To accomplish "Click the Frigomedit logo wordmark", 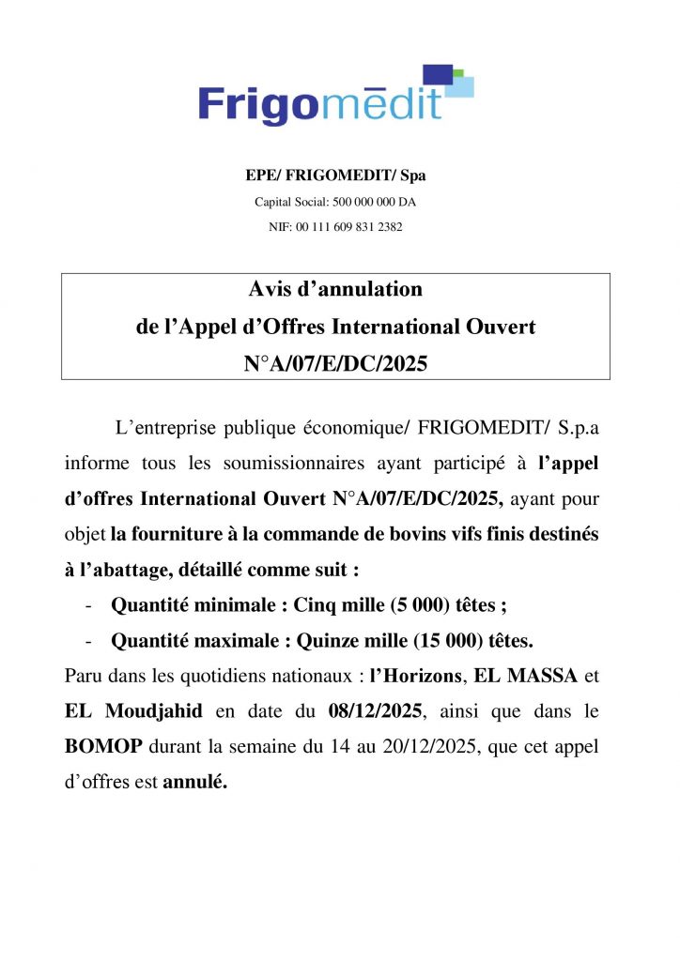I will point(319,102).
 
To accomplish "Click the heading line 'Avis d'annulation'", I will point(335,290).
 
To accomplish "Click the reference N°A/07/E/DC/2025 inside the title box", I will point(335,363).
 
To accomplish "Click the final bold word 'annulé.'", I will point(195,782).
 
